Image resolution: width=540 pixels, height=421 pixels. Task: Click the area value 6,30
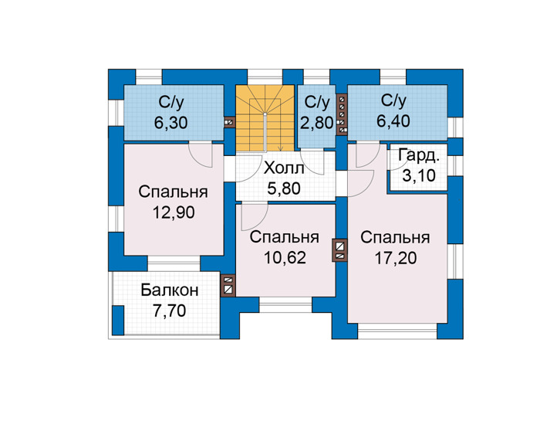[170, 122]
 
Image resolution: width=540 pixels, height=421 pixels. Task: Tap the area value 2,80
[317, 123]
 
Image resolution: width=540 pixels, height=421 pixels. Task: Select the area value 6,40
[393, 121]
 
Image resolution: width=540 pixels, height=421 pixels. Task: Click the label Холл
[284, 168]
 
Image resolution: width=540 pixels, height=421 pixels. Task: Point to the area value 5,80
[284, 188]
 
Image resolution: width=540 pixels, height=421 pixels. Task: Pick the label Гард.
[419, 156]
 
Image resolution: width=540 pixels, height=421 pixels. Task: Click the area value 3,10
[419, 176]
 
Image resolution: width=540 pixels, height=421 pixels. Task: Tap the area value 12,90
[174, 212]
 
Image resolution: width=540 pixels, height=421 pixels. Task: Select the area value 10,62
[285, 257]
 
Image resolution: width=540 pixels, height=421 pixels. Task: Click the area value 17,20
[395, 258]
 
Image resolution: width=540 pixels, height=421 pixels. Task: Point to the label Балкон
[170, 290]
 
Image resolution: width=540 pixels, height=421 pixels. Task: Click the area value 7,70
[170, 311]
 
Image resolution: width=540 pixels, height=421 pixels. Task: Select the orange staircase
[265, 118]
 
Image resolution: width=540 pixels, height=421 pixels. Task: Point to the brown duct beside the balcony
[228, 286]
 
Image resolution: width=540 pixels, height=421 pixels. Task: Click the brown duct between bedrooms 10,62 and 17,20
[339, 250]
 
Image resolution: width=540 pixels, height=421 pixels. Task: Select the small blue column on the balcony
[118, 320]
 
